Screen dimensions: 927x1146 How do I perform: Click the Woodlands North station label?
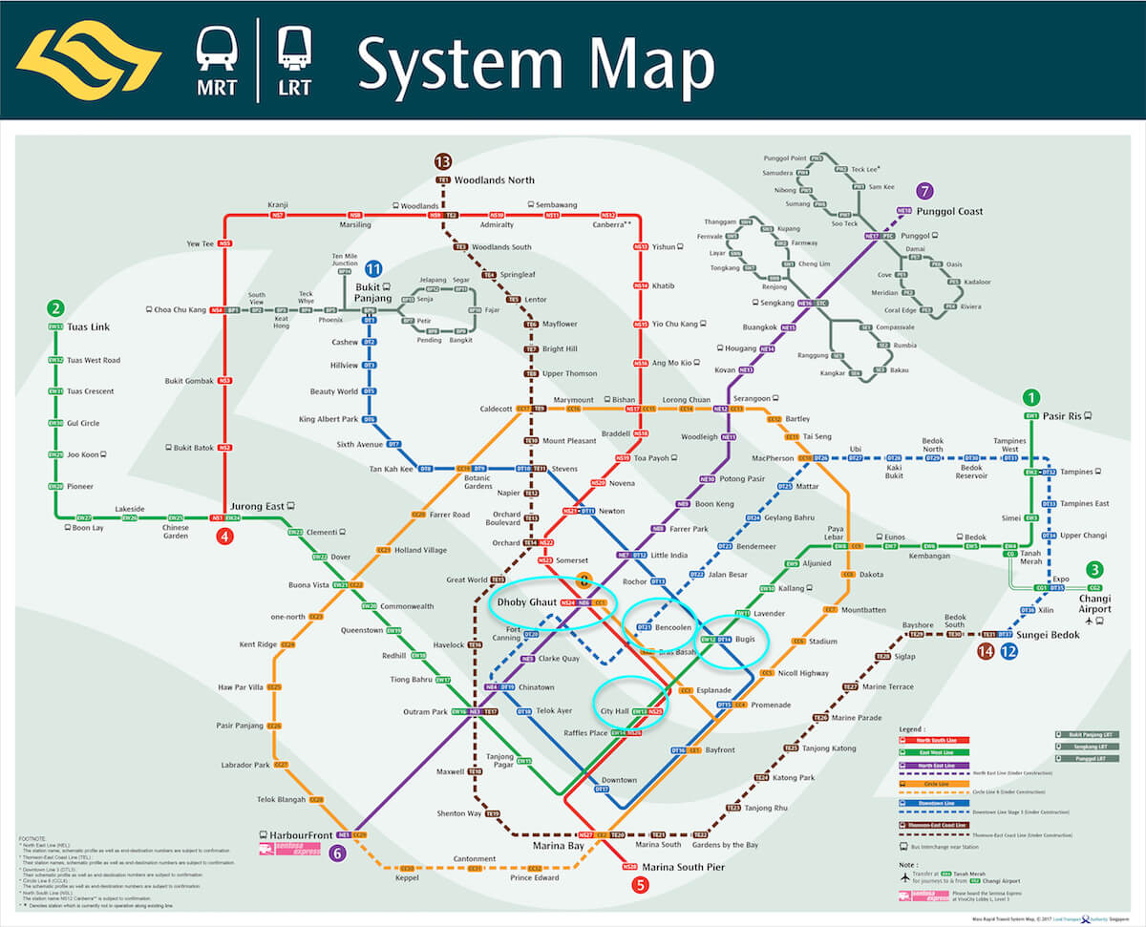(494, 179)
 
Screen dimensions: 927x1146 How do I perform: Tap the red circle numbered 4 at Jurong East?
(225, 537)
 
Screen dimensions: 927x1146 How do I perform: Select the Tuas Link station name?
(87, 327)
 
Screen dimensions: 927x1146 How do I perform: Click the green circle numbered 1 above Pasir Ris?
(1030, 397)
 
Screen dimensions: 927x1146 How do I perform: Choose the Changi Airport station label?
(1094, 602)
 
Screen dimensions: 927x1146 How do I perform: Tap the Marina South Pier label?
(683, 867)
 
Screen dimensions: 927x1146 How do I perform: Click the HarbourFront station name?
(300, 832)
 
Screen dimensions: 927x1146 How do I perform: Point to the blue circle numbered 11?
(373, 269)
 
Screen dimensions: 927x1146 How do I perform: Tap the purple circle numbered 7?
(923, 191)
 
